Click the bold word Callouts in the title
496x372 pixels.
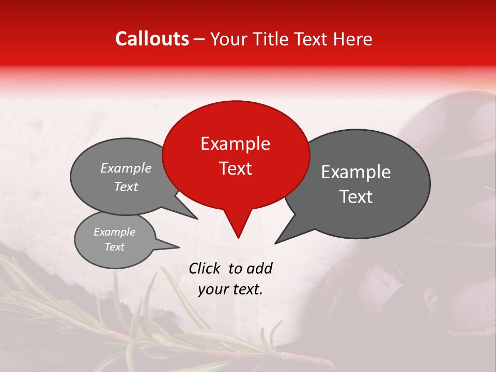click(x=152, y=39)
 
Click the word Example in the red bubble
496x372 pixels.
click(x=235, y=144)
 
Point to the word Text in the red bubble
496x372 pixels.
click(x=235, y=168)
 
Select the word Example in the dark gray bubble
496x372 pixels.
click(x=356, y=172)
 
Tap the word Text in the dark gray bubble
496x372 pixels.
click(x=356, y=197)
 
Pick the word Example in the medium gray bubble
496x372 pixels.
click(x=126, y=168)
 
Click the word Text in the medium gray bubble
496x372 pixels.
click(x=126, y=187)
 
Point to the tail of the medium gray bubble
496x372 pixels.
click(x=192, y=216)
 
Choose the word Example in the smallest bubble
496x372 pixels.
click(x=114, y=232)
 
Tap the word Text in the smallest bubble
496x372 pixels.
click(x=114, y=247)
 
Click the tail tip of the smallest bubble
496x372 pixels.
click(x=176, y=247)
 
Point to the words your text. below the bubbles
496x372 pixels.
click(x=230, y=289)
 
